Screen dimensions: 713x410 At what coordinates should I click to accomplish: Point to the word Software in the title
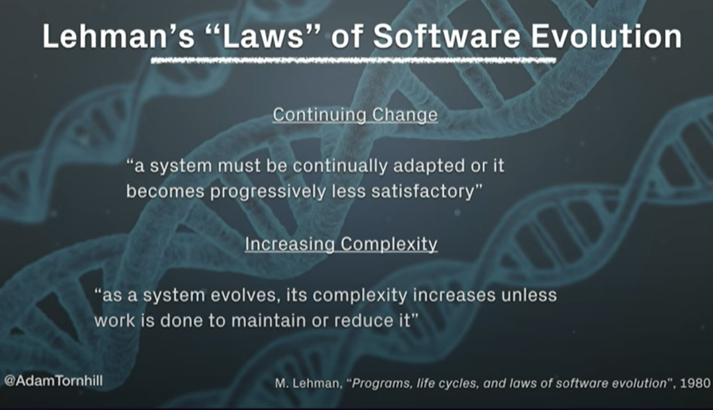point(446,36)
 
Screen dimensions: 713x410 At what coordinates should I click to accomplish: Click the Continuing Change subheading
point(355,115)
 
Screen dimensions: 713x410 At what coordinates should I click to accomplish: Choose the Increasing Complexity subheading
point(341,244)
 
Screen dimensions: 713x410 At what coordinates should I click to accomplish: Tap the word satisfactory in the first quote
point(426,191)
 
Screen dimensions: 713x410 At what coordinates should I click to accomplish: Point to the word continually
point(340,166)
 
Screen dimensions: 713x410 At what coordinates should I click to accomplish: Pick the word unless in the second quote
point(529,295)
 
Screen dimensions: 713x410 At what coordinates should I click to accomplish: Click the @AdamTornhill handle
point(53,381)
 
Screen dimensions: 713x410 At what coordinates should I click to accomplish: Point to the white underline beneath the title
point(353,61)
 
